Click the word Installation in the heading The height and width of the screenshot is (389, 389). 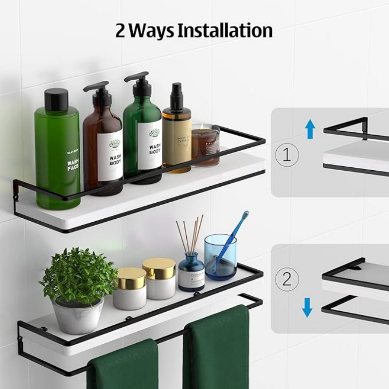[x=224, y=30]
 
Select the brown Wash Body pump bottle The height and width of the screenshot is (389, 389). [x=103, y=146]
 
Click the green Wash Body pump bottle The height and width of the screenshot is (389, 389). [x=142, y=141]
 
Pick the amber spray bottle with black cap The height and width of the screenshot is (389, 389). [x=177, y=136]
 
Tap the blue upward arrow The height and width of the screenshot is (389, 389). [x=310, y=129]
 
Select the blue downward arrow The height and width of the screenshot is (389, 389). [x=307, y=307]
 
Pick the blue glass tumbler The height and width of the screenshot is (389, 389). [x=220, y=257]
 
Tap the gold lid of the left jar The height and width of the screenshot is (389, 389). [x=130, y=278]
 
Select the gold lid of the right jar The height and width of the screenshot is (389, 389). [x=159, y=268]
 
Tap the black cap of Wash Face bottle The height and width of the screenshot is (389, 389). [x=56, y=100]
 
